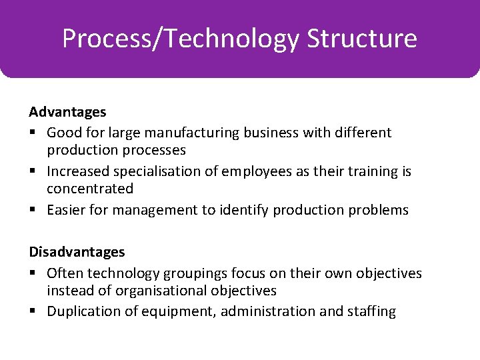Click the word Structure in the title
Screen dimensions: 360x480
(362, 39)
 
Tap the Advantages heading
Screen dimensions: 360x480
(67, 112)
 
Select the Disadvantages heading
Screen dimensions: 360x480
(77, 252)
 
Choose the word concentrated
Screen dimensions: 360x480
(90, 189)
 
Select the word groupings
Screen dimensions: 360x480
(197, 273)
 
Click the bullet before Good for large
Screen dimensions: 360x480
(33, 133)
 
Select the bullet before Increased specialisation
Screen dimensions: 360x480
(33, 171)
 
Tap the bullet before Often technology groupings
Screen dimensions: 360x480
(33, 273)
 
